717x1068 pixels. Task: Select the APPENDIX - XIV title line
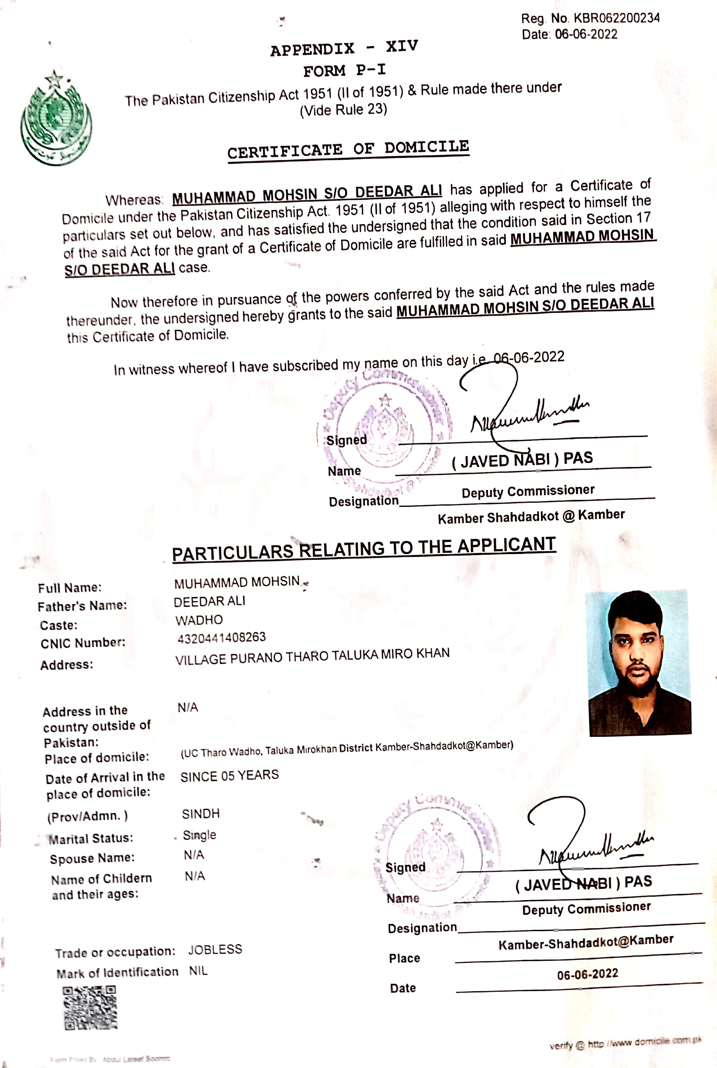click(x=344, y=48)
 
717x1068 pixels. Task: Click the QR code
click(x=90, y=1008)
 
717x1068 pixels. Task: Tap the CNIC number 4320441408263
click(x=221, y=637)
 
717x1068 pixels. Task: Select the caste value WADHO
click(x=199, y=620)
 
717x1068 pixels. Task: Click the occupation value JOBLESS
click(x=215, y=950)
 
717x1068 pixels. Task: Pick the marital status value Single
click(x=199, y=835)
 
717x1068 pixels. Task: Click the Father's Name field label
click(x=82, y=606)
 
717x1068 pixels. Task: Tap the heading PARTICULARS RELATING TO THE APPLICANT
click(x=364, y=549)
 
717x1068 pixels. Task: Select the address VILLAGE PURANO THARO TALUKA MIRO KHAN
click(x=312, y=656)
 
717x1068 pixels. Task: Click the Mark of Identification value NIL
click(x=198, y=971)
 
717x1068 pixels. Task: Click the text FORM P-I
click(x=344, y=70)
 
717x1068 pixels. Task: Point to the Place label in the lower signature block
click(x=404, y=958)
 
